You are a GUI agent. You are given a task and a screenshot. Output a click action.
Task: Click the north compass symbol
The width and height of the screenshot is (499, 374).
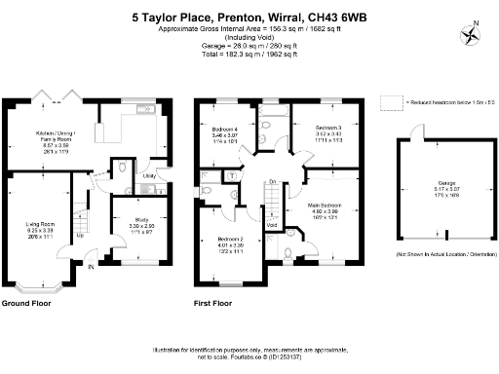tap(474, 34)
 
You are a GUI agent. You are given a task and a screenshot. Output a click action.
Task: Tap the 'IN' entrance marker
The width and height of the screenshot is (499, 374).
tap(91, 266)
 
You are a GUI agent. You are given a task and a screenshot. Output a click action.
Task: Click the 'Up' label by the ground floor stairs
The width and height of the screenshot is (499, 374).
tap(80, 235)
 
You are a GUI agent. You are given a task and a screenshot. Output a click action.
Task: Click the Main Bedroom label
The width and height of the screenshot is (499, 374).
tap(325, 206)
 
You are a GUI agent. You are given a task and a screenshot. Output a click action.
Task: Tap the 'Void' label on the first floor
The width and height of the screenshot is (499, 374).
tap(272, 226)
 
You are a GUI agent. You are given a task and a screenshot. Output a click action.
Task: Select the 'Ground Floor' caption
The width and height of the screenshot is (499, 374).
tap(26, 303)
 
